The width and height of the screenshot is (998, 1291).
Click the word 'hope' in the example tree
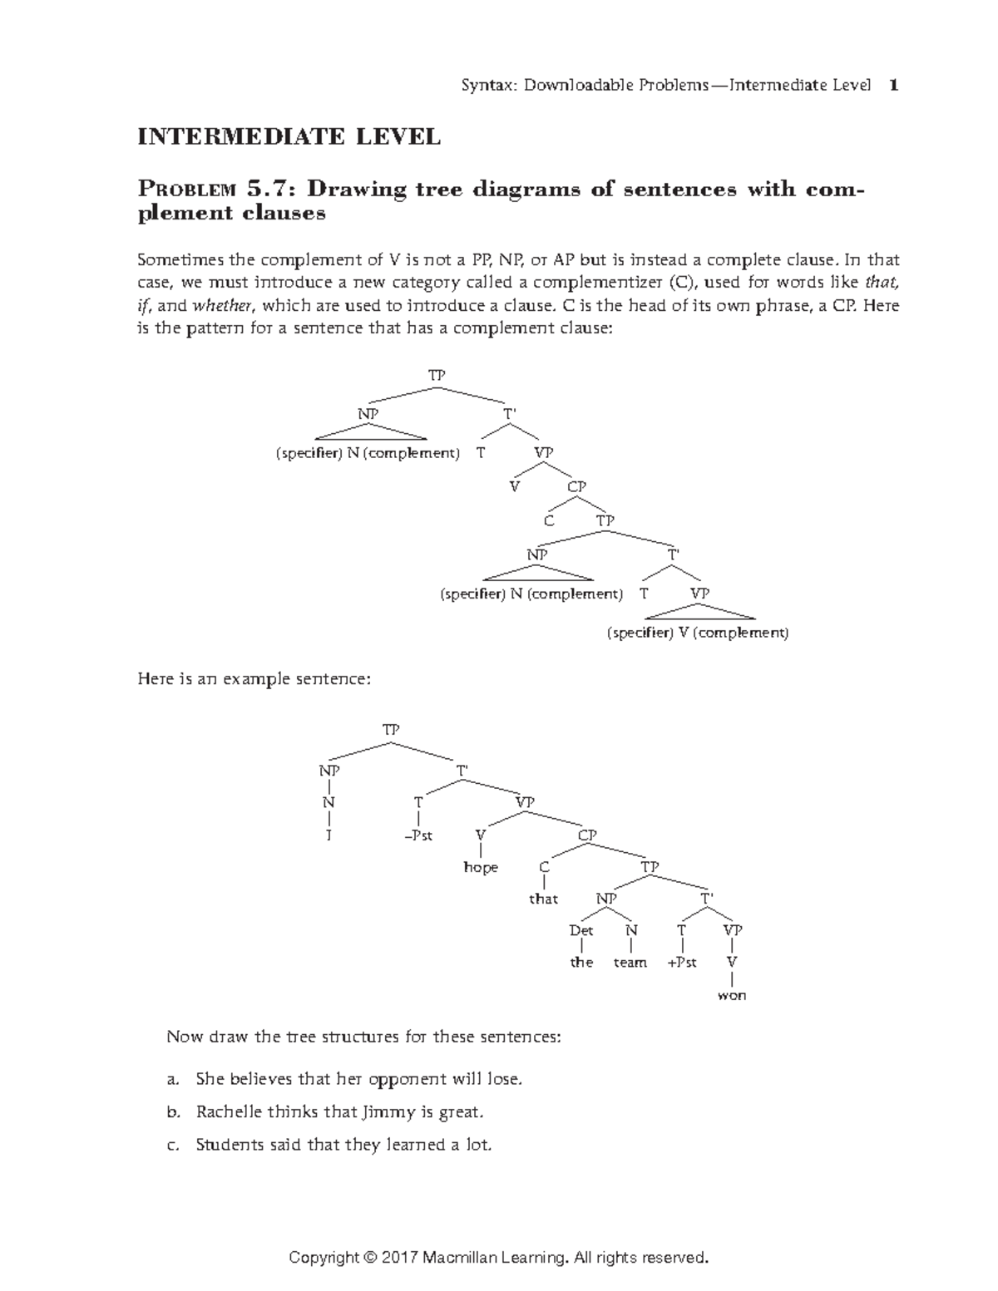481,868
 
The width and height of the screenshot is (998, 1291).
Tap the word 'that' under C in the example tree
543,899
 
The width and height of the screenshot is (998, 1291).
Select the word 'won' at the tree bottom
732,995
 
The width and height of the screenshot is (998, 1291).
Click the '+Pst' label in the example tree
682,963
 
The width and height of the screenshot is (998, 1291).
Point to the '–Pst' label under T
418,835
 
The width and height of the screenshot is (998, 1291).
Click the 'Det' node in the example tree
581,930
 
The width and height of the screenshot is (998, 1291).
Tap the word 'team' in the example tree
630,963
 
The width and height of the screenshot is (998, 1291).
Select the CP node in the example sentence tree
587,835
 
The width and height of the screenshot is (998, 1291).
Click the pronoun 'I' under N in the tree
329,835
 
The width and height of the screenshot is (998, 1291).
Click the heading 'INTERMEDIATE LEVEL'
289,137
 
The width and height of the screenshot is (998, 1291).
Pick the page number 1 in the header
893,85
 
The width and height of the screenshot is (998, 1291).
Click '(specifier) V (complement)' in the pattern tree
697,633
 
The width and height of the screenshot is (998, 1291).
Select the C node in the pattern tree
548,521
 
